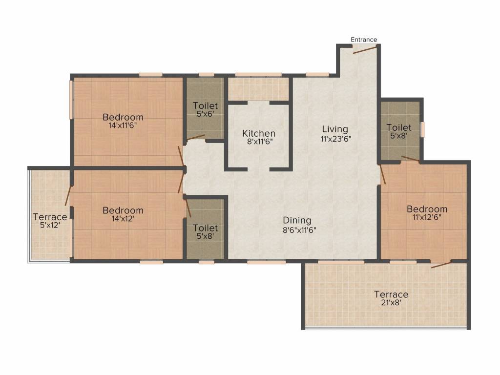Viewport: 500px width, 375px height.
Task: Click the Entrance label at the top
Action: tap(364, 40)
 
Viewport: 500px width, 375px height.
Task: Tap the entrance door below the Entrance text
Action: tap(364, 49)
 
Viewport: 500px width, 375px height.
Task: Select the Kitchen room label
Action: tap(259, 133)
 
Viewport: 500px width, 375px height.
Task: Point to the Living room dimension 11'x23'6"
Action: tap(335, 138)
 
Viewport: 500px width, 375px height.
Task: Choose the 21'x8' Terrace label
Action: tap(391, 303)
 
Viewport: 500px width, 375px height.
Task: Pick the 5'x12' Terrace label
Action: tap(50, 226)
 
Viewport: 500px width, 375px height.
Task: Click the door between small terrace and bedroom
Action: tap(68, 195)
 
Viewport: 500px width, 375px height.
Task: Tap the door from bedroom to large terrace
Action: tap(441, 265)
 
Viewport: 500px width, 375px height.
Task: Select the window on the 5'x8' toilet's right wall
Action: tap(423, 129)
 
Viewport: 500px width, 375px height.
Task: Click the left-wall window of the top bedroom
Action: tap(71, 99)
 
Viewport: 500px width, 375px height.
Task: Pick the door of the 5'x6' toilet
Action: tap(195, 138)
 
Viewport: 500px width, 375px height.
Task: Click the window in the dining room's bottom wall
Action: tap(267, 262)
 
